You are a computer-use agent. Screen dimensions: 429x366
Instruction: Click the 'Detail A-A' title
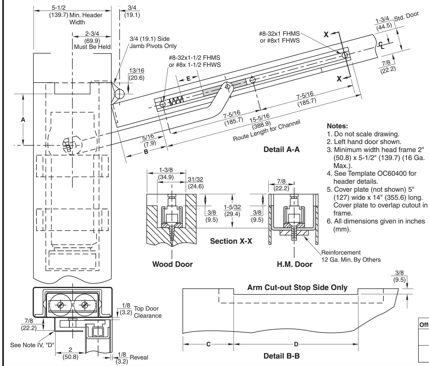pos(281,149)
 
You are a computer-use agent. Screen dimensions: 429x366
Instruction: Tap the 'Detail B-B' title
pos(281,356)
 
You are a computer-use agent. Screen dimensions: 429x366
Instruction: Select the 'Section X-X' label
pos(231,241)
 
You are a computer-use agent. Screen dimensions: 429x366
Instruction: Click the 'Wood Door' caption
pos(172,264)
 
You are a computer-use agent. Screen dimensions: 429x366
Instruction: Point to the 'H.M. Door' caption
pos(294,264)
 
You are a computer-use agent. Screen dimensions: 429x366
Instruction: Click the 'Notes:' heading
pos(337,126)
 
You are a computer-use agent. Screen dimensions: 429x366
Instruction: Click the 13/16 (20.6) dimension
pos(137,74)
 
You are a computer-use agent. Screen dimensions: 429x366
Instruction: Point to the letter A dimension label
pos(23,120)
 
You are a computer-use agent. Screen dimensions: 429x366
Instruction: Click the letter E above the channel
pos(188,79)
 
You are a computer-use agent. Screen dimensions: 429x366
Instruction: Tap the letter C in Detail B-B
pos(208,344)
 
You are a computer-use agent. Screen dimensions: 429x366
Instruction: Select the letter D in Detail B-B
pos(296,344)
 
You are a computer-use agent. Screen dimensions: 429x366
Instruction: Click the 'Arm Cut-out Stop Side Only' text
pos(297,287)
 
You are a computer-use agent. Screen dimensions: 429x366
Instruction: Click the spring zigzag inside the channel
pos(176,101)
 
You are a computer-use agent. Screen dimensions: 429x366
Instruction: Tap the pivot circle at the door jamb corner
pos(119,94)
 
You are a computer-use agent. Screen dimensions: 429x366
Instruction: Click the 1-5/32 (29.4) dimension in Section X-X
pos(232,210)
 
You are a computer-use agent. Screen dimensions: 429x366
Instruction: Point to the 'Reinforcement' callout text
pos(341,253)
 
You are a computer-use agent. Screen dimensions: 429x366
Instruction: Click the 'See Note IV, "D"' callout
pos(32,345)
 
